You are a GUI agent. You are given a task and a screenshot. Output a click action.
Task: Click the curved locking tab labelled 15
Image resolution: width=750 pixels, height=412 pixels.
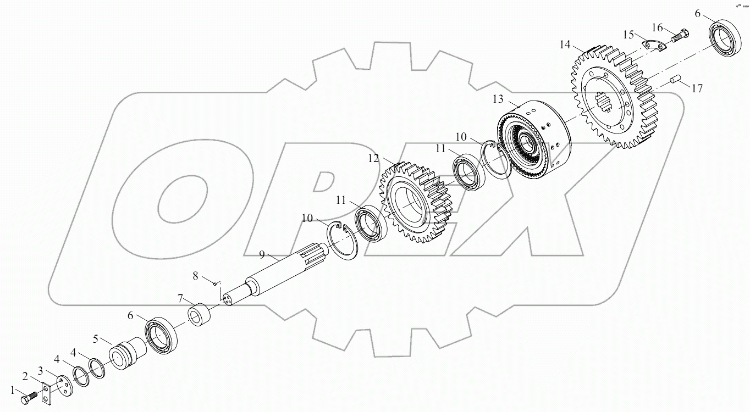[656, 44]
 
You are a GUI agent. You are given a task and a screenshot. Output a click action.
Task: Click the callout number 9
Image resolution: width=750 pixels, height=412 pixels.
[262, 254]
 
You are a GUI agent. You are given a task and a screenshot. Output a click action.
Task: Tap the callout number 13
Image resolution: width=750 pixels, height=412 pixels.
[498, 99]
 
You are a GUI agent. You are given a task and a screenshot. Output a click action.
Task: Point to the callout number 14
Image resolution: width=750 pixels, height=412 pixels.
[565, 44]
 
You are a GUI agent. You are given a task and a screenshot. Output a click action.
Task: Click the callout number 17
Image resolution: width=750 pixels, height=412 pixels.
[697, 88]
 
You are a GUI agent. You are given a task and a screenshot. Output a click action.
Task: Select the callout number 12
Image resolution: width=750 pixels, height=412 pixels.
[374, 158]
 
